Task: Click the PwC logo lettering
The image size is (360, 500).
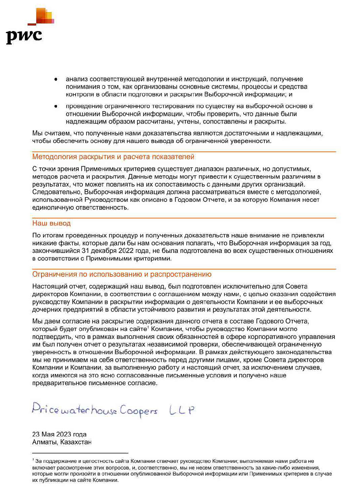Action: [x=24, y=36]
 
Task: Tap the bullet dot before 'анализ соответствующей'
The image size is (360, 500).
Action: [x=55, y=79]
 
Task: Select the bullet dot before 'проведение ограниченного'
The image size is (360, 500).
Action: [x=55, y=106]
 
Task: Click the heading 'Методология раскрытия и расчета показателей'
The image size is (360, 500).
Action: [x=113, y=157]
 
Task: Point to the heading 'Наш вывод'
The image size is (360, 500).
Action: [x=51, y=223]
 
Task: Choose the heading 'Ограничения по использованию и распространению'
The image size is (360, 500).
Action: [x=121, y=274]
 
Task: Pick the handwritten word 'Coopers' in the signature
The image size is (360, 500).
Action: [x=138, y=411]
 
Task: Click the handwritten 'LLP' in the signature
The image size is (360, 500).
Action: [x=182, y=410]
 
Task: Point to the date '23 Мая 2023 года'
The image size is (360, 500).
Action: [x=59, y=434]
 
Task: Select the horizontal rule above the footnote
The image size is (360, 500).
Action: [x=80, y=453]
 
